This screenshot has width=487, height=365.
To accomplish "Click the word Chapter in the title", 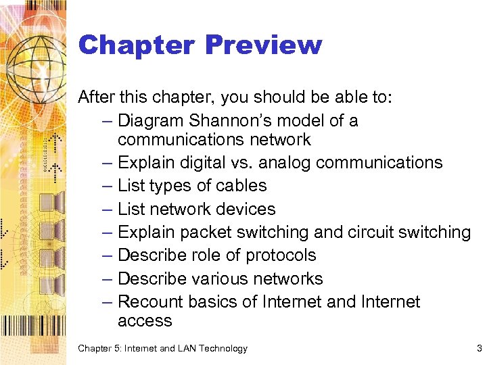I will click(136, 45).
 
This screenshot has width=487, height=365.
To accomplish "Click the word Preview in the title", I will click(263, 45).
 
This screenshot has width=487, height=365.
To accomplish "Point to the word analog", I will click(283, 163).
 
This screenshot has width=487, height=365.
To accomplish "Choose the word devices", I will click(243, 210).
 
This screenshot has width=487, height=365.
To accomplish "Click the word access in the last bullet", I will click(145, 321).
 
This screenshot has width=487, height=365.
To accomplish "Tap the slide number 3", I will click(479, 349).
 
